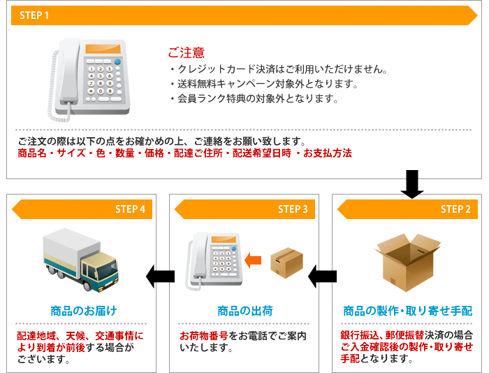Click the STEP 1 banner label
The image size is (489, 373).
pos(34,15)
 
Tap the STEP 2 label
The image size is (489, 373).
pos(455,209)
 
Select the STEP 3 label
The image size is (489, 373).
pos(293,209)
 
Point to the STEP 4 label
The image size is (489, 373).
pos(130,209)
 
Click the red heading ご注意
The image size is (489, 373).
pos(187,52)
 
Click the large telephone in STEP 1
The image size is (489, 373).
pos(89,80)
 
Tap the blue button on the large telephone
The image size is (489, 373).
pos(117,61)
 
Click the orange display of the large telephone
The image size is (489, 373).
pos(103,48)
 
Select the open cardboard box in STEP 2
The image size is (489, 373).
pos(407,262)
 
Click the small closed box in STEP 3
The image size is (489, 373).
pos(286,262)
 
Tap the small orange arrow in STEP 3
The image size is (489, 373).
pos(253,260)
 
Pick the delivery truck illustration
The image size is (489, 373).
pos(81,260)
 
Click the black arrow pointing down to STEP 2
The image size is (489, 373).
pos(412,184)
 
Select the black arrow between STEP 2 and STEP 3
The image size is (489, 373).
pos(322,276)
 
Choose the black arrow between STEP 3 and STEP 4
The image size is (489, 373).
pos(160,276)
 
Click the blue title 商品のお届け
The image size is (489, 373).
pos(84,311)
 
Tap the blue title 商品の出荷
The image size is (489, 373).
pos(245,311)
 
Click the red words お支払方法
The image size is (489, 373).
pos(328,153)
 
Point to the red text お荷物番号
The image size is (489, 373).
pos(204,336)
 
